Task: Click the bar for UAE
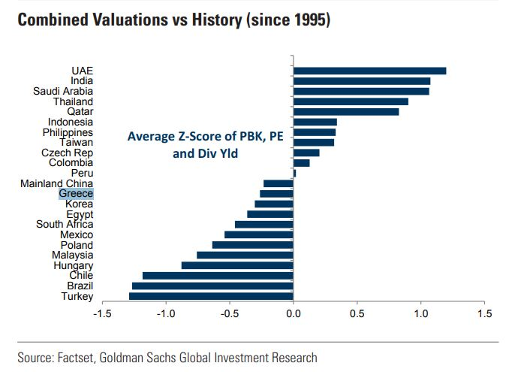point(369,71)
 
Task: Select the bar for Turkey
point(211,296)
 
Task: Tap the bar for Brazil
point(212,286)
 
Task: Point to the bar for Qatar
point(346,112)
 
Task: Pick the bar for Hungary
point(237,265)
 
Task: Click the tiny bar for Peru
point(294,173)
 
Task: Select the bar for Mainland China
point(279,183)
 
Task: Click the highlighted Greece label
point(76,194)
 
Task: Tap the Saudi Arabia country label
point(63,91)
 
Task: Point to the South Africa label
point(65,224)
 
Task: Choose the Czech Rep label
point(68,153)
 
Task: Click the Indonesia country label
point(71,122)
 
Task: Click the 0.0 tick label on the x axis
point(294,313)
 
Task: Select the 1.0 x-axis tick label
point(420,313)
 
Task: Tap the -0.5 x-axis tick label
point(230,313)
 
